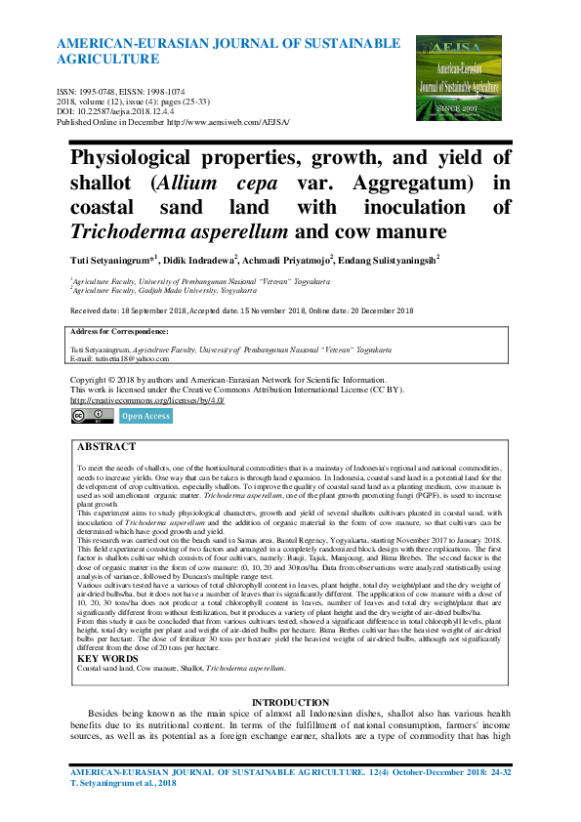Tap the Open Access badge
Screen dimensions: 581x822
click(x=145, y=416)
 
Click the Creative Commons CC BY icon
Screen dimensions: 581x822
click(x=92, y=416)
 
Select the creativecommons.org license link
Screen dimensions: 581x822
click(x=147, y=400)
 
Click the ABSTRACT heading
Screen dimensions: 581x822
click(x=106, y=446)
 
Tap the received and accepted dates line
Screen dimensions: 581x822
click(x=241, y=310)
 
